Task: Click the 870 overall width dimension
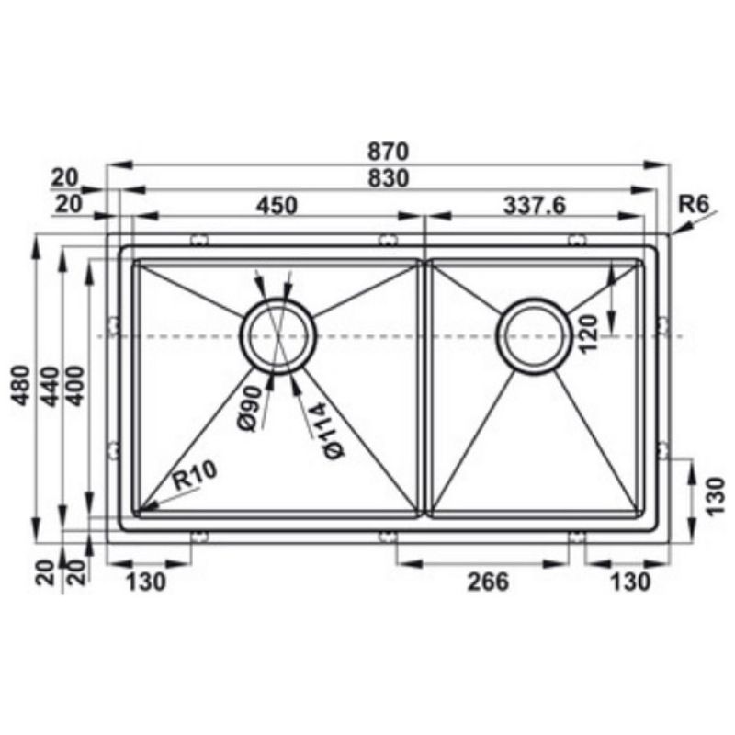(388, 152)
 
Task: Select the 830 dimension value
(388, 178)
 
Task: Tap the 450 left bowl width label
(277, 205)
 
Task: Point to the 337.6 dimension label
(535, 205)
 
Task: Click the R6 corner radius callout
(694, 204)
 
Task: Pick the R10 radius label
(194, 475)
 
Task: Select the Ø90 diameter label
(249, 408)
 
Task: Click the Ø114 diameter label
(327, 432)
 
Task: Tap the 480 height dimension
(21, 385)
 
